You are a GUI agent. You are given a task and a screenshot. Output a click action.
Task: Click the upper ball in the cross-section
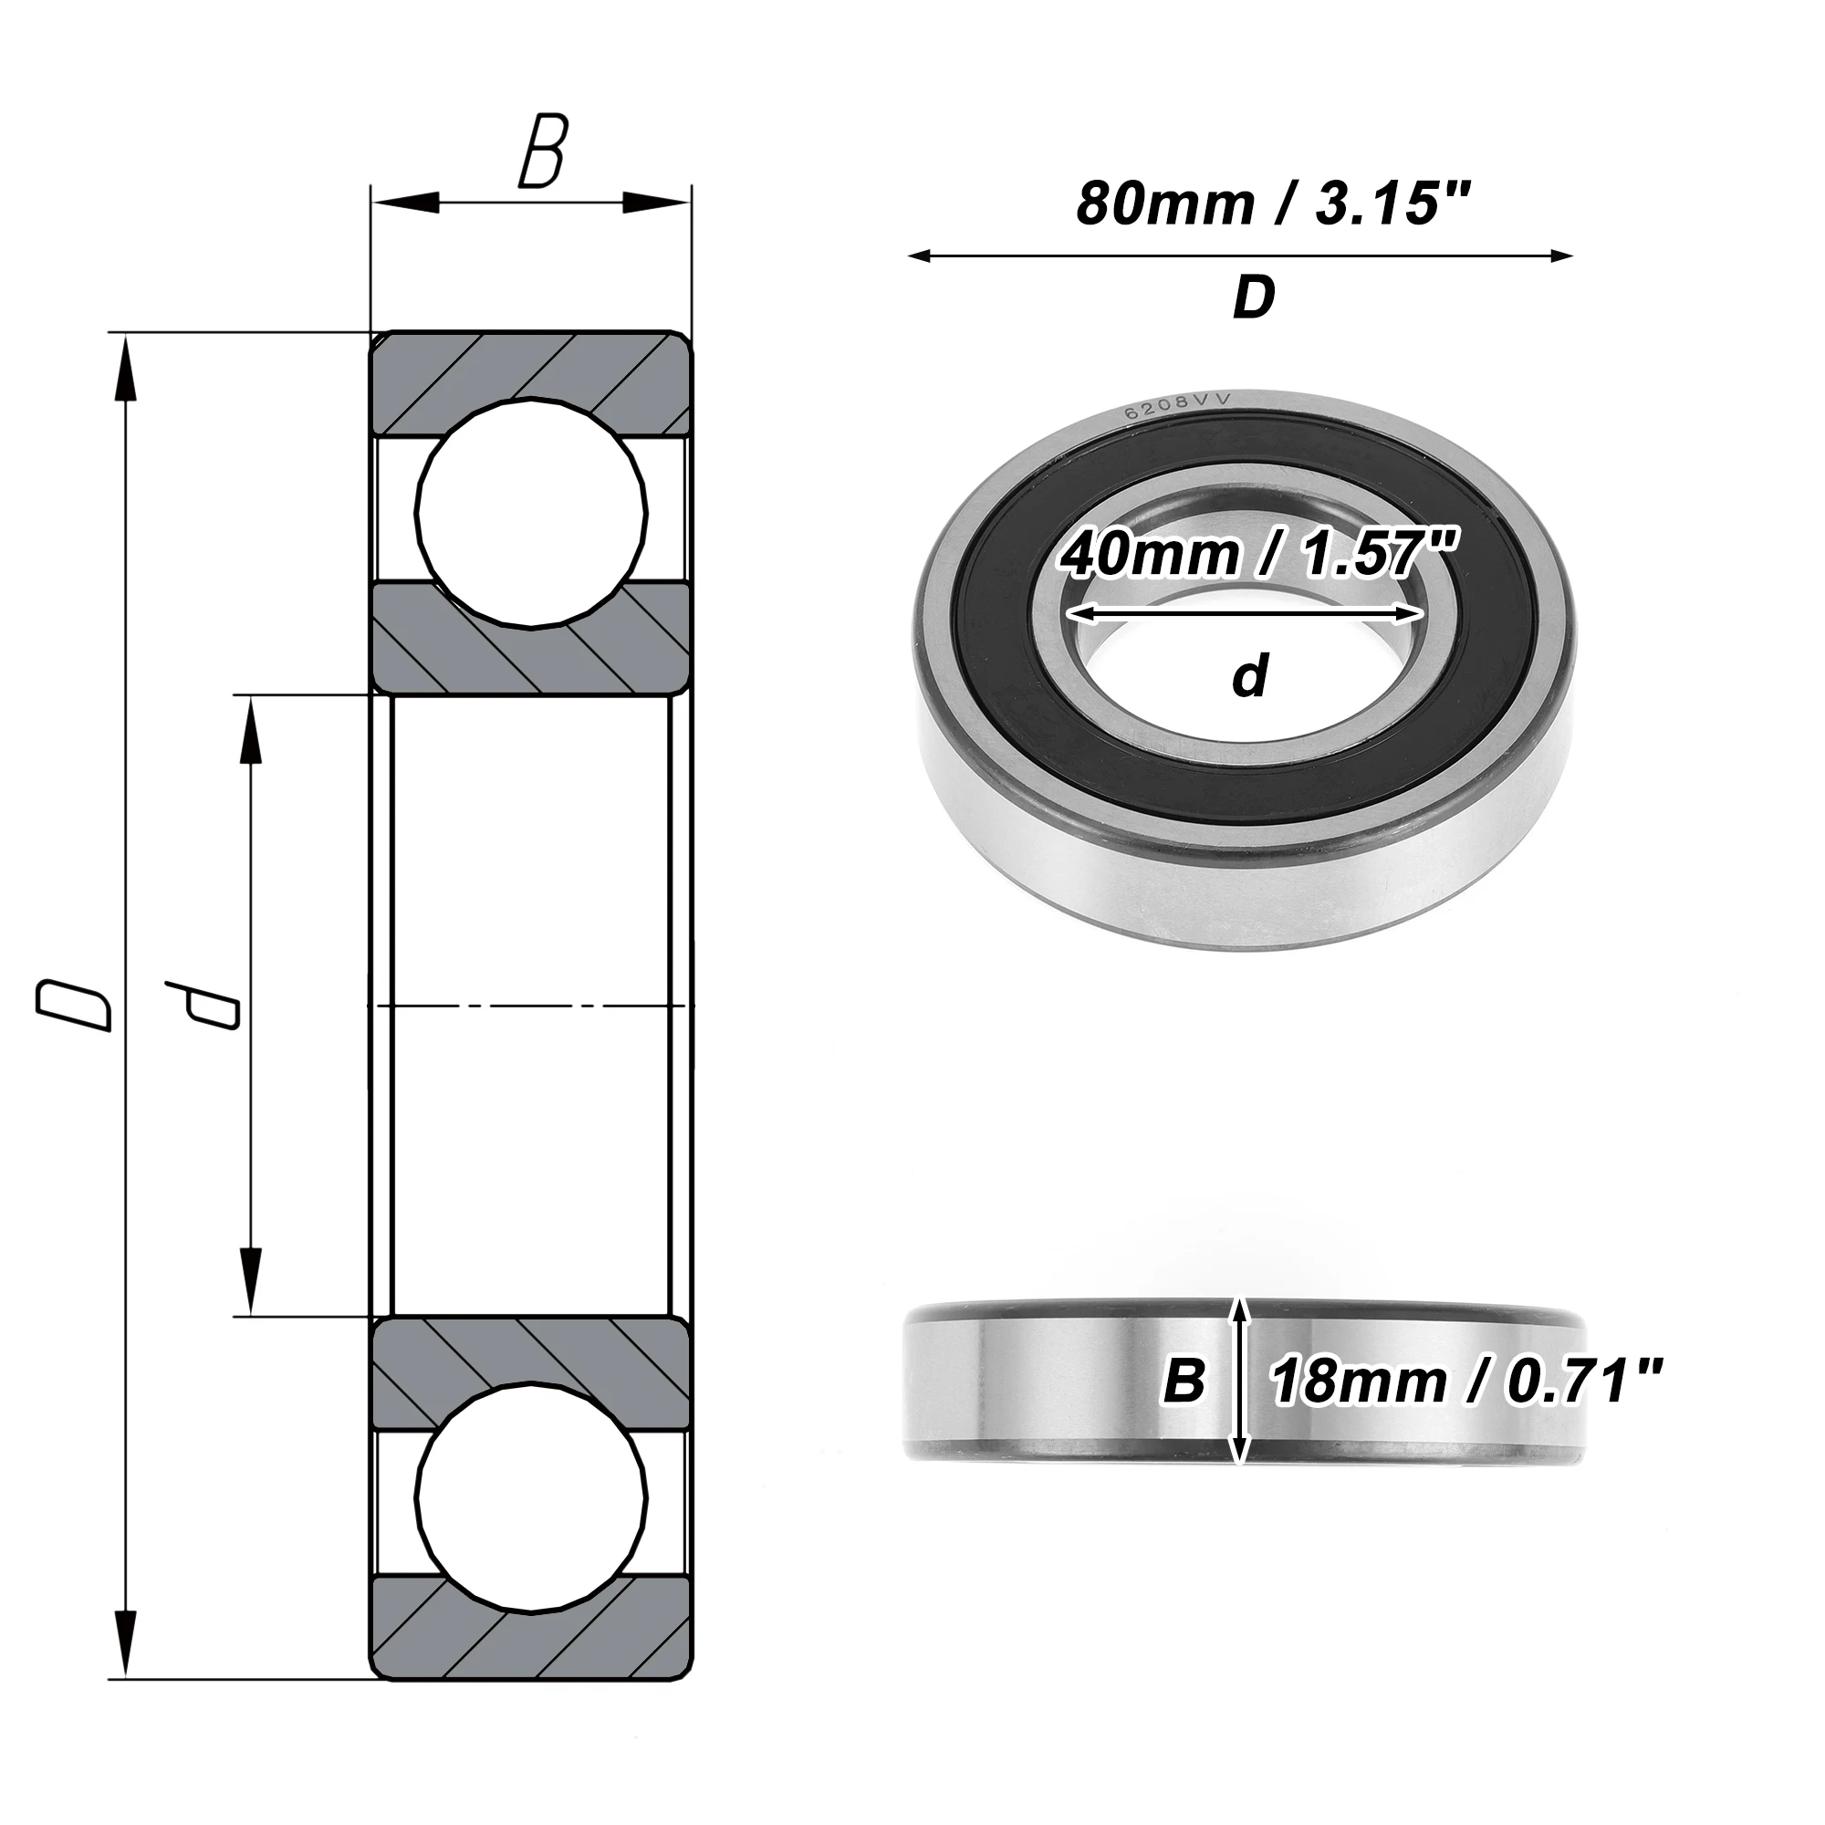click(x=533, y=514)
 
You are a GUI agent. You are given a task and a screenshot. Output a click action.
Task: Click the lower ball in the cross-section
click(x=533, y=1501)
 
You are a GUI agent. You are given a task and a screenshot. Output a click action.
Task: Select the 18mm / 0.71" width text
click(x=1467, y=1382)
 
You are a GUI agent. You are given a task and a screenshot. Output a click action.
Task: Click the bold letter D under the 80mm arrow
click(x=1255, y=298)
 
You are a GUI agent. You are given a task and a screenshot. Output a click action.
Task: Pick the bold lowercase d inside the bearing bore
click(x=1250, y=676)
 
